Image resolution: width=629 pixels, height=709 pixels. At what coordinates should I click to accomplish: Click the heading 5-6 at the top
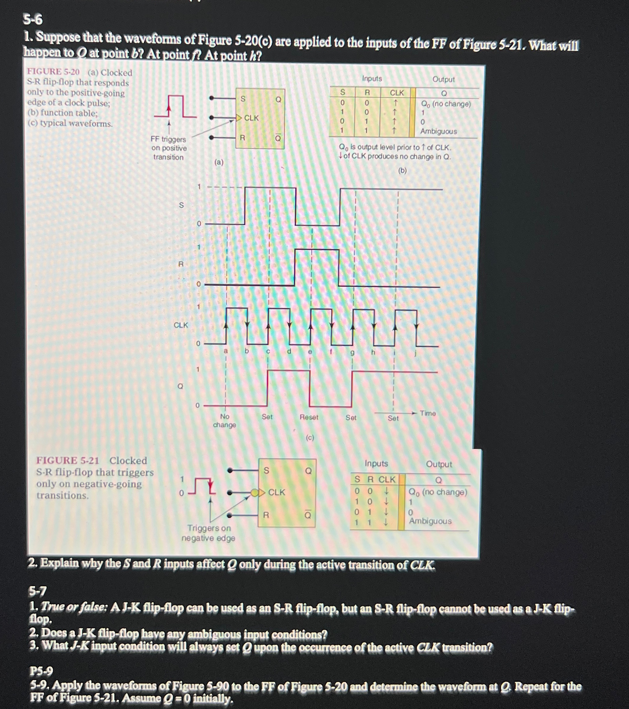pyautogui.click(x=33, y=20)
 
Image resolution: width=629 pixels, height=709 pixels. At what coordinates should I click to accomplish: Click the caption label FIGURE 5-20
pyautogui.click(x=53, y=72)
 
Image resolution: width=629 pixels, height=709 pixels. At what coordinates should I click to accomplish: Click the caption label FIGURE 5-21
pyautogui.click(x=67, y=460)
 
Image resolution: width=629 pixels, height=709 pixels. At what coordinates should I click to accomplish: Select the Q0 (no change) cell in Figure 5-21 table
pyautogui.click(x=437, y=492)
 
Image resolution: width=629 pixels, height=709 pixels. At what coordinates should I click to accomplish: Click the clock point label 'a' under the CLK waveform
pyautogui.click(x=225, y=351)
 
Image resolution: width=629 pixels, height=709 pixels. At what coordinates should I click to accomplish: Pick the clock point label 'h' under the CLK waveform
pyautogui.click(x=373, y=352)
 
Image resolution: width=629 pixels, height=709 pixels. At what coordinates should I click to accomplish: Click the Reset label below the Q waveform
pyautogui.click(x=309, y=417)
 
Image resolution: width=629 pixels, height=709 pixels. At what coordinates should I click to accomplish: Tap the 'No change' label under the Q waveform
pyautogui.click(x=224, y=420)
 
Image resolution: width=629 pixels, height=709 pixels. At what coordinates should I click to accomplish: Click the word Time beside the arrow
pyautogui.click(x=427, y=413)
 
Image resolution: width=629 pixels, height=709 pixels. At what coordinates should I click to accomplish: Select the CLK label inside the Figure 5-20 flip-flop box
pyautogui.click(x=251, y=118)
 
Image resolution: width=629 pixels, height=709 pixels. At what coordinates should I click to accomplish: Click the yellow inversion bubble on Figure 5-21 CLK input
pyautogui.click(x=255, y=493)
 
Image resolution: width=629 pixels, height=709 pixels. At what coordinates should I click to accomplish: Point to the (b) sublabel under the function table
pyautogui.click(x=402, y=170)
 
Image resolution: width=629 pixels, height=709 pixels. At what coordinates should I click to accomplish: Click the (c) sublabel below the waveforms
pyautogui.click(x=310, y=437)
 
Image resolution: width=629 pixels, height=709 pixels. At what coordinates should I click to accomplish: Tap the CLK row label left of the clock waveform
pyautogui.click(x=181, y=325)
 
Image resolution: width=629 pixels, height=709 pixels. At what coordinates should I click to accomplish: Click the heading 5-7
pyautogui.click(x=38, y=590)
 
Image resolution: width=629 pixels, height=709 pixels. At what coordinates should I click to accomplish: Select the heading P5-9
pyautogui.click(x=41, y=671)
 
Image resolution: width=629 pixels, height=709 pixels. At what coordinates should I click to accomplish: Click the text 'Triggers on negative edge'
pyautogui.click(x=208, y=533)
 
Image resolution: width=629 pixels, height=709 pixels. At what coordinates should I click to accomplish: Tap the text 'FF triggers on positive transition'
pyautogui.click(x=169, y=148)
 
